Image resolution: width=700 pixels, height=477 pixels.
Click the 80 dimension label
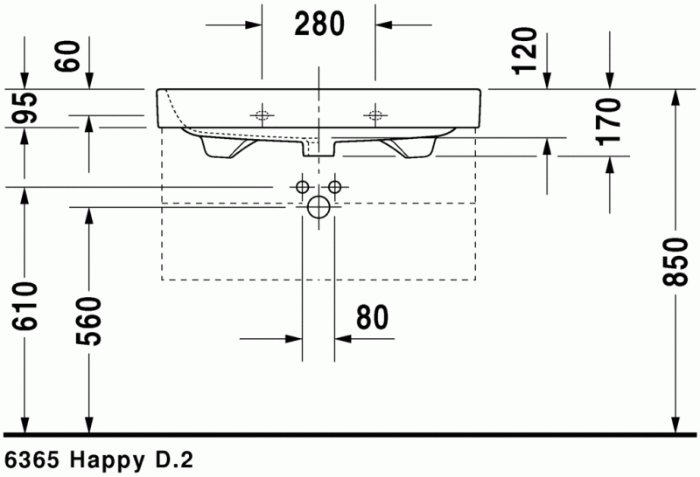[373, 318]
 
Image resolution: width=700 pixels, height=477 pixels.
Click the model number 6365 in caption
[32, 459]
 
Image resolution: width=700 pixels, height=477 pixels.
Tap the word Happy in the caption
[106, 459]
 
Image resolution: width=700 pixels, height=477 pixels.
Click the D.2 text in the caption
[171, 459]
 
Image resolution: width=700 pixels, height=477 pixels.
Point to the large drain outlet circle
[318, 207]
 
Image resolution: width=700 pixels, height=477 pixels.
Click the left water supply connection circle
[302, 187]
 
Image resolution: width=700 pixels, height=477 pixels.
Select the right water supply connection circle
[334, 187]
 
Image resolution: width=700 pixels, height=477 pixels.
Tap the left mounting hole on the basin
[261, 114]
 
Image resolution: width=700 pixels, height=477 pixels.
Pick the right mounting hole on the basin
[376, 114]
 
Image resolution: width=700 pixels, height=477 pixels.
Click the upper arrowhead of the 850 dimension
[676, 98]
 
